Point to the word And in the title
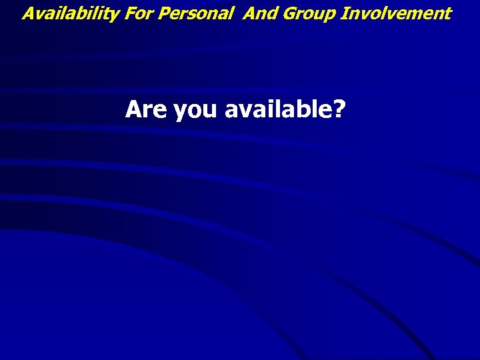pyautogui.click(x=259, y=13)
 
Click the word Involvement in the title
pyautogui.click(x=396, y=13)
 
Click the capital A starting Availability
pyautogui.click(x=29, y=13)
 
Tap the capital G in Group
pyautogui.click(x=284, y=13)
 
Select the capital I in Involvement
pyautogui.click(x=343, y=13)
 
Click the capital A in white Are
pyautogui.click(x=133, y=109)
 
